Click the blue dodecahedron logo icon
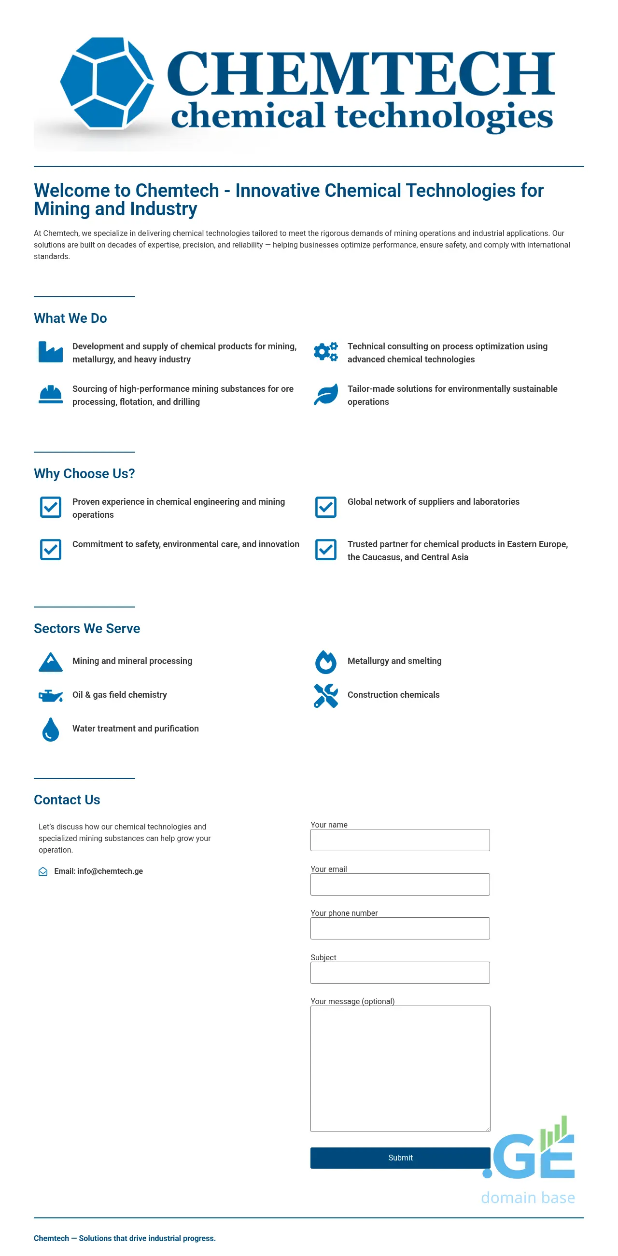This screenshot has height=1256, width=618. pos(107,83)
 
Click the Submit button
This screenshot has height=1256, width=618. pos(400,1158)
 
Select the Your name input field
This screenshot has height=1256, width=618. pos(400,840)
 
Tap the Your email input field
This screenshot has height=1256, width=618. pos(400,884)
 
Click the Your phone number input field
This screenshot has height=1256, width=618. pos(400,928)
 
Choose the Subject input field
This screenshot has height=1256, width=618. pos(400,973)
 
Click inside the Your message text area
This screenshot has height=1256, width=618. pos(400,1068)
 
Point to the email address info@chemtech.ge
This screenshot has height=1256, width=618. pos(110,871)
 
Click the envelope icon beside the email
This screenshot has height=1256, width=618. pos(43,871)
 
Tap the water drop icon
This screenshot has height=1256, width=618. pos(51,730)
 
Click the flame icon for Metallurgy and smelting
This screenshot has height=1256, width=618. pos(325,662)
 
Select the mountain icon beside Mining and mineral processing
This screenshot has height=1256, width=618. pos(51,662)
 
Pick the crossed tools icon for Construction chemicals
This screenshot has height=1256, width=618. pos(325,695)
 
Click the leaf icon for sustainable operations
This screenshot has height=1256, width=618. pos(325,394)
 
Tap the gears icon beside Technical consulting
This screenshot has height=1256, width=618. pos(325,352)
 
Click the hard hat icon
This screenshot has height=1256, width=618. pos(51,394)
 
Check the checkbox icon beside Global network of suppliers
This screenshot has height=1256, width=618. pos(325,507)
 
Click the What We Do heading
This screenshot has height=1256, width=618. pos(70,318)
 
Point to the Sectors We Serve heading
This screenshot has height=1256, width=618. pos(87,629)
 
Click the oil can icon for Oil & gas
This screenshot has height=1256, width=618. pos(51,696)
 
